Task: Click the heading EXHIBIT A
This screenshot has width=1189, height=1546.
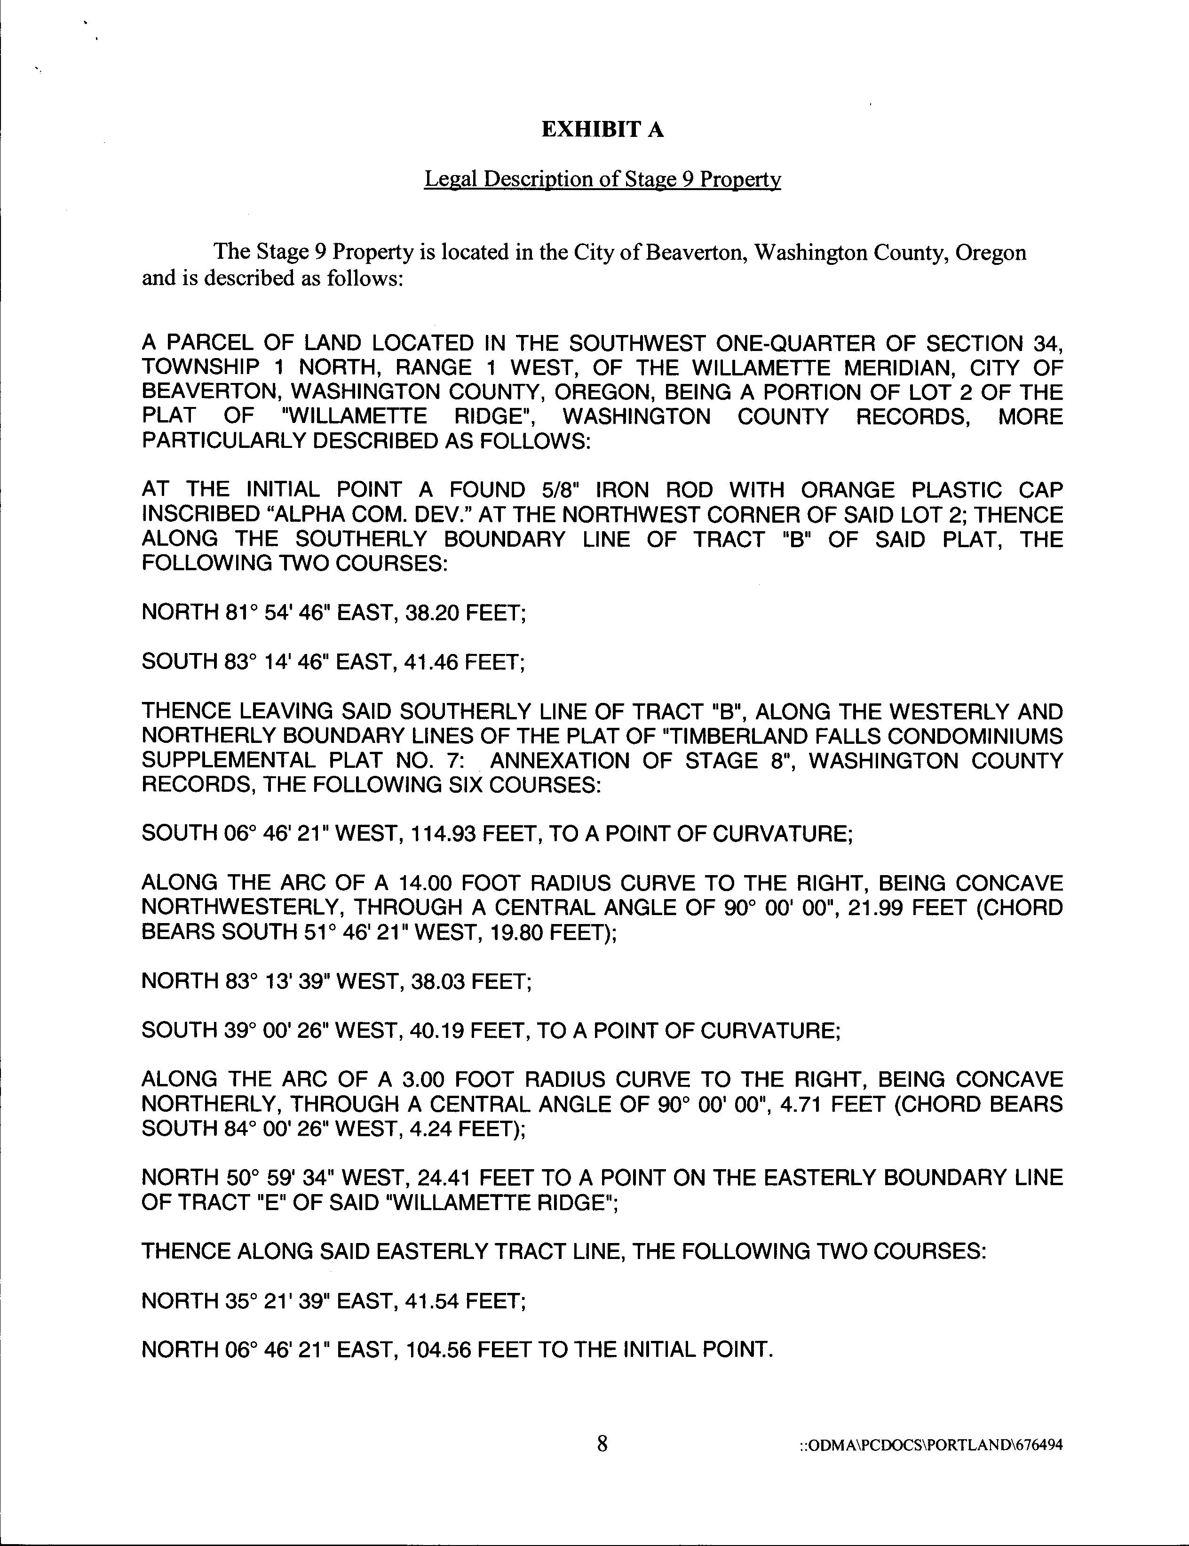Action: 602,129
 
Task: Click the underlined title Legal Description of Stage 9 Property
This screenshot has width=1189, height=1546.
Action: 602,179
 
